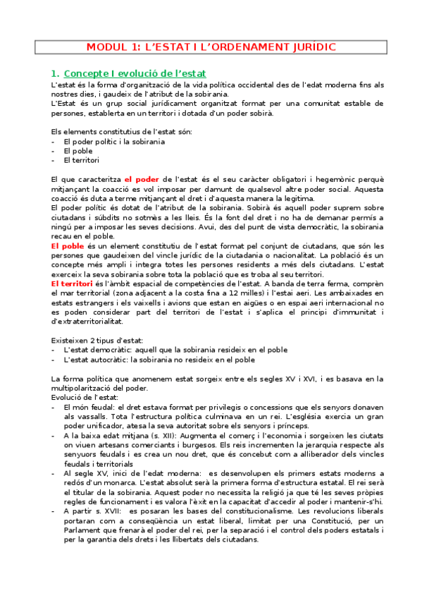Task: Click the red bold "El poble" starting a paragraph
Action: (68, 245)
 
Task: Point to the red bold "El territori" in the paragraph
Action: (75, 282)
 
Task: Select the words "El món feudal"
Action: (89, 407)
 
